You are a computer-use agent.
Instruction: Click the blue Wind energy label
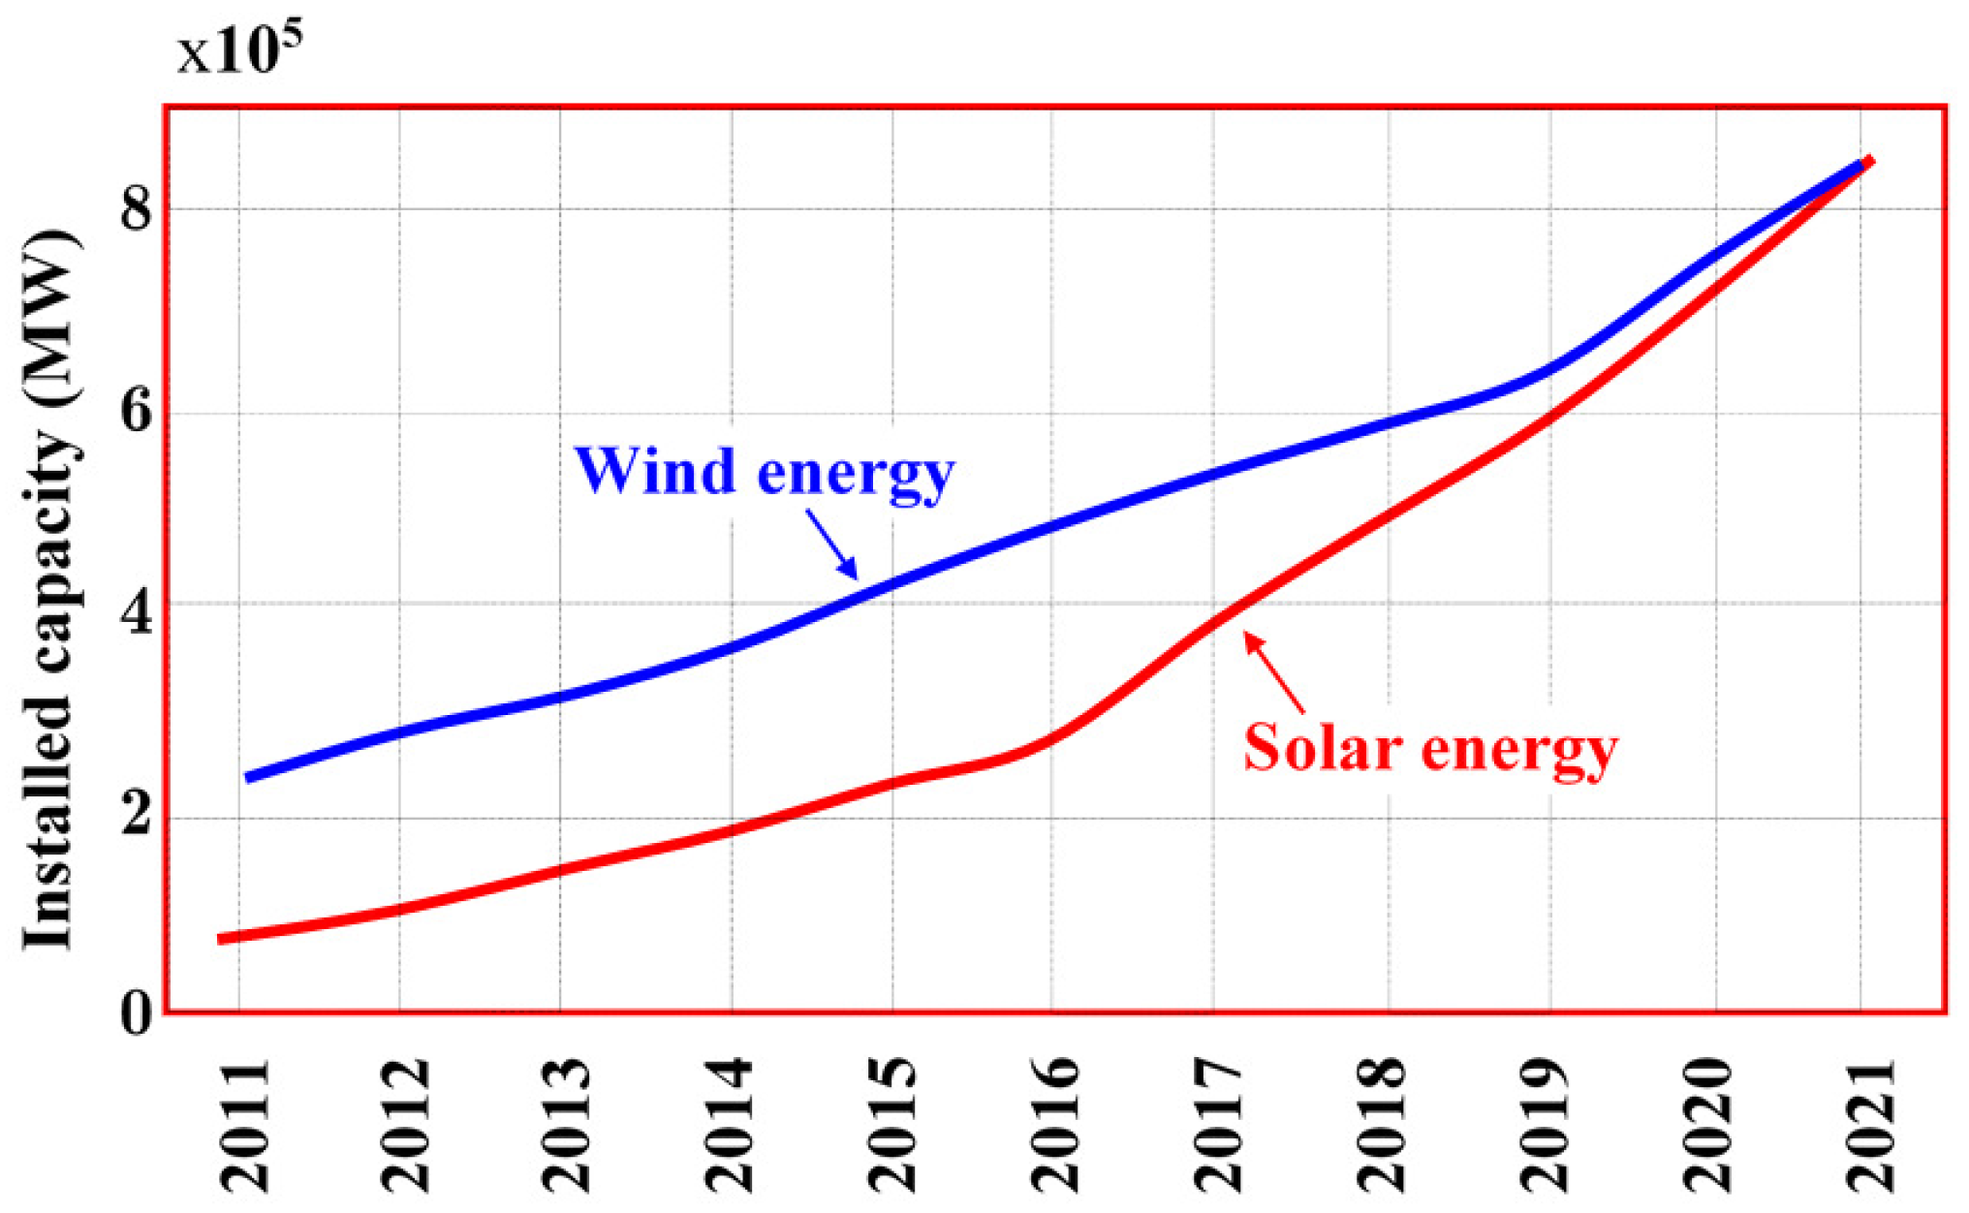click(x=764, y=472)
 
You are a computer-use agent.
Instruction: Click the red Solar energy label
click(x=1430, y=749)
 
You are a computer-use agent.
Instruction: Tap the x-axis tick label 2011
click(x=245, y=1126)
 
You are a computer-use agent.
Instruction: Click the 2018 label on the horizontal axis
click(x=1381, y=1126)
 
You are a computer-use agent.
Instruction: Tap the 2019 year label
click(x=1544, y=1126)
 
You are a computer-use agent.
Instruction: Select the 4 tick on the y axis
click(x=136, y=612)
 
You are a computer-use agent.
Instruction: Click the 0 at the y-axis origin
click(x=136, y=1014)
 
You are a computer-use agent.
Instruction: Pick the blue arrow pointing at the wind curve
click(x=831, y=544)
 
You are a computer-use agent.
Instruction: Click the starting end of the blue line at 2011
click(x=250, y=777)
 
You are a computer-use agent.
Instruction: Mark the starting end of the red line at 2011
click(x=222, y=938)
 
